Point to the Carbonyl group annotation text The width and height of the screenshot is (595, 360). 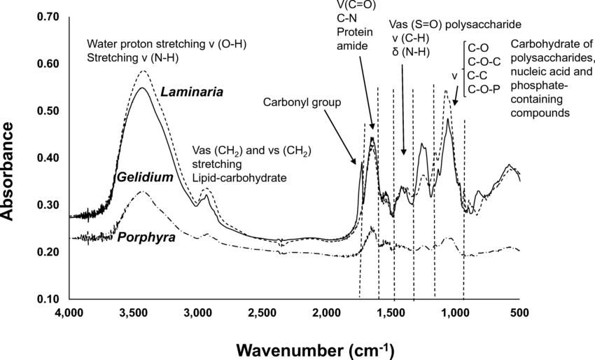pyautogui.click(x=302, y=102)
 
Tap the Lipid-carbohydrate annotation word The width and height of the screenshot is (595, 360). pyautogui.click(x=239, y=178)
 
